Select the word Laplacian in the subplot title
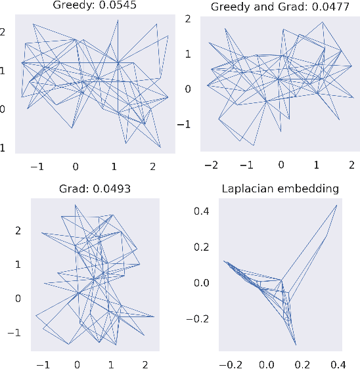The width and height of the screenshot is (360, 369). (x=245, y=189)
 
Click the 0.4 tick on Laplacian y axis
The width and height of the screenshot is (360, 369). (x=201, y=211)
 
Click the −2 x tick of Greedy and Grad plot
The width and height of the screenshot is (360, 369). (x=211, y=164)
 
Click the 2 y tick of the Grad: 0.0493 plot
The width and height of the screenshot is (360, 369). (x=19, y=230)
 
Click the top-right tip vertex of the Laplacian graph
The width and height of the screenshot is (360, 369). (x=336, y=205)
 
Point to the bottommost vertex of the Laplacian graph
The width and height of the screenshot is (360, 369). (x=296, y=344)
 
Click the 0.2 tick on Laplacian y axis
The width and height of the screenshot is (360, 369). (x=201, y=247)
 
